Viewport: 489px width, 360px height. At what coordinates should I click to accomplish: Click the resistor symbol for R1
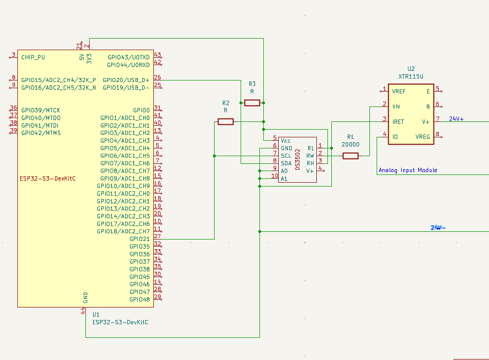point(350,156)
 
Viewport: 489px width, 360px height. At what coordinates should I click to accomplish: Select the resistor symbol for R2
point(226,121)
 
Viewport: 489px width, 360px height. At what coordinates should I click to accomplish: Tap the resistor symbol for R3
point(252,103)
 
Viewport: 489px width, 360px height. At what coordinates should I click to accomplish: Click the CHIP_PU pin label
point(33,57)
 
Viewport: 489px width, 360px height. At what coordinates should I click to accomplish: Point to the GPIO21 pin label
point(139,239)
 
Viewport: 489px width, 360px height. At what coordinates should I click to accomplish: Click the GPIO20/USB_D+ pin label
point(126,80)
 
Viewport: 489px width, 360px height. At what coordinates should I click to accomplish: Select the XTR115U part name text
point(411,76)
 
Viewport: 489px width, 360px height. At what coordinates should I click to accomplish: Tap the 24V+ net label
point(456,119)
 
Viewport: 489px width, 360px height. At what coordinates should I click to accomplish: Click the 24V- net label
point(438,228)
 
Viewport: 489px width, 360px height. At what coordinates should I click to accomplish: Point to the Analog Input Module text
point(408,170)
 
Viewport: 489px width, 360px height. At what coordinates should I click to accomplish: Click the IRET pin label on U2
point(398,121)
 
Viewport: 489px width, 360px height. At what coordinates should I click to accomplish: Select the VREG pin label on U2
point(422,137)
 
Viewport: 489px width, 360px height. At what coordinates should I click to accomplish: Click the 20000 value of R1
point(350,144)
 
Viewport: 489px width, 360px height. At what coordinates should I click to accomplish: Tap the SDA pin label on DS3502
point(286,163)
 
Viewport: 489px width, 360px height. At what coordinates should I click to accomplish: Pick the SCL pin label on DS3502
point(286,156)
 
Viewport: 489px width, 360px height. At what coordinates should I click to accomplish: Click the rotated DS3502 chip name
point(298,160)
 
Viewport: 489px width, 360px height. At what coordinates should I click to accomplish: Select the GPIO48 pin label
point(139,300)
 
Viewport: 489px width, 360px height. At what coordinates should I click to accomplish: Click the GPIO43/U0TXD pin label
point(128,57)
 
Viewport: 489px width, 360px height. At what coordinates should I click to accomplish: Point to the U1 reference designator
point(96,315)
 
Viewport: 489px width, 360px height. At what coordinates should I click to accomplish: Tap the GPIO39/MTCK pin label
point(41,110)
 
